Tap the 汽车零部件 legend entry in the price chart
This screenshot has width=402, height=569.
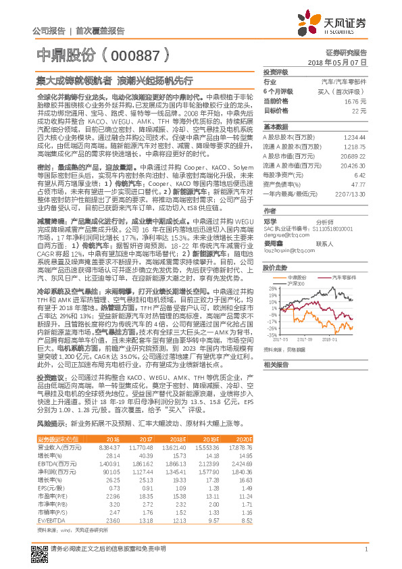point(345,277)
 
